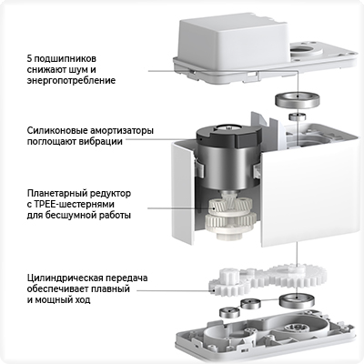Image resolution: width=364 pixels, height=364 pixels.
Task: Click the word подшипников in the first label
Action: click(66, 58)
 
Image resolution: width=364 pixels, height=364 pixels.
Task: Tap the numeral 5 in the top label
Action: click(30, 57)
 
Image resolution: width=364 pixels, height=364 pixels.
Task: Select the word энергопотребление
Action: click(71, 81)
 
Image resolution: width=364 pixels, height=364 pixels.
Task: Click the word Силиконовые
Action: click(57, 131)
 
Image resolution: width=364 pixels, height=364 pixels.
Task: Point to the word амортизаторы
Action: click(122, 131)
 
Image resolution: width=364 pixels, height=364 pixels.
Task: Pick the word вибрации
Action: click(101, 142)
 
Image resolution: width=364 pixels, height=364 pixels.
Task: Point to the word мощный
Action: click(52, 300)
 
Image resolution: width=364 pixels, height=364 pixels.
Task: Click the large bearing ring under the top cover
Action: click(298, 100)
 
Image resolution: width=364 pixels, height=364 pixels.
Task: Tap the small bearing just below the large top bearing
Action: click(298, 116)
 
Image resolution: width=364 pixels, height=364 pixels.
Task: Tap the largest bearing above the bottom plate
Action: click(296, 300)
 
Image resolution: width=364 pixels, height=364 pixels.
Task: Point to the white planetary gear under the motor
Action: click(229, 217)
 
